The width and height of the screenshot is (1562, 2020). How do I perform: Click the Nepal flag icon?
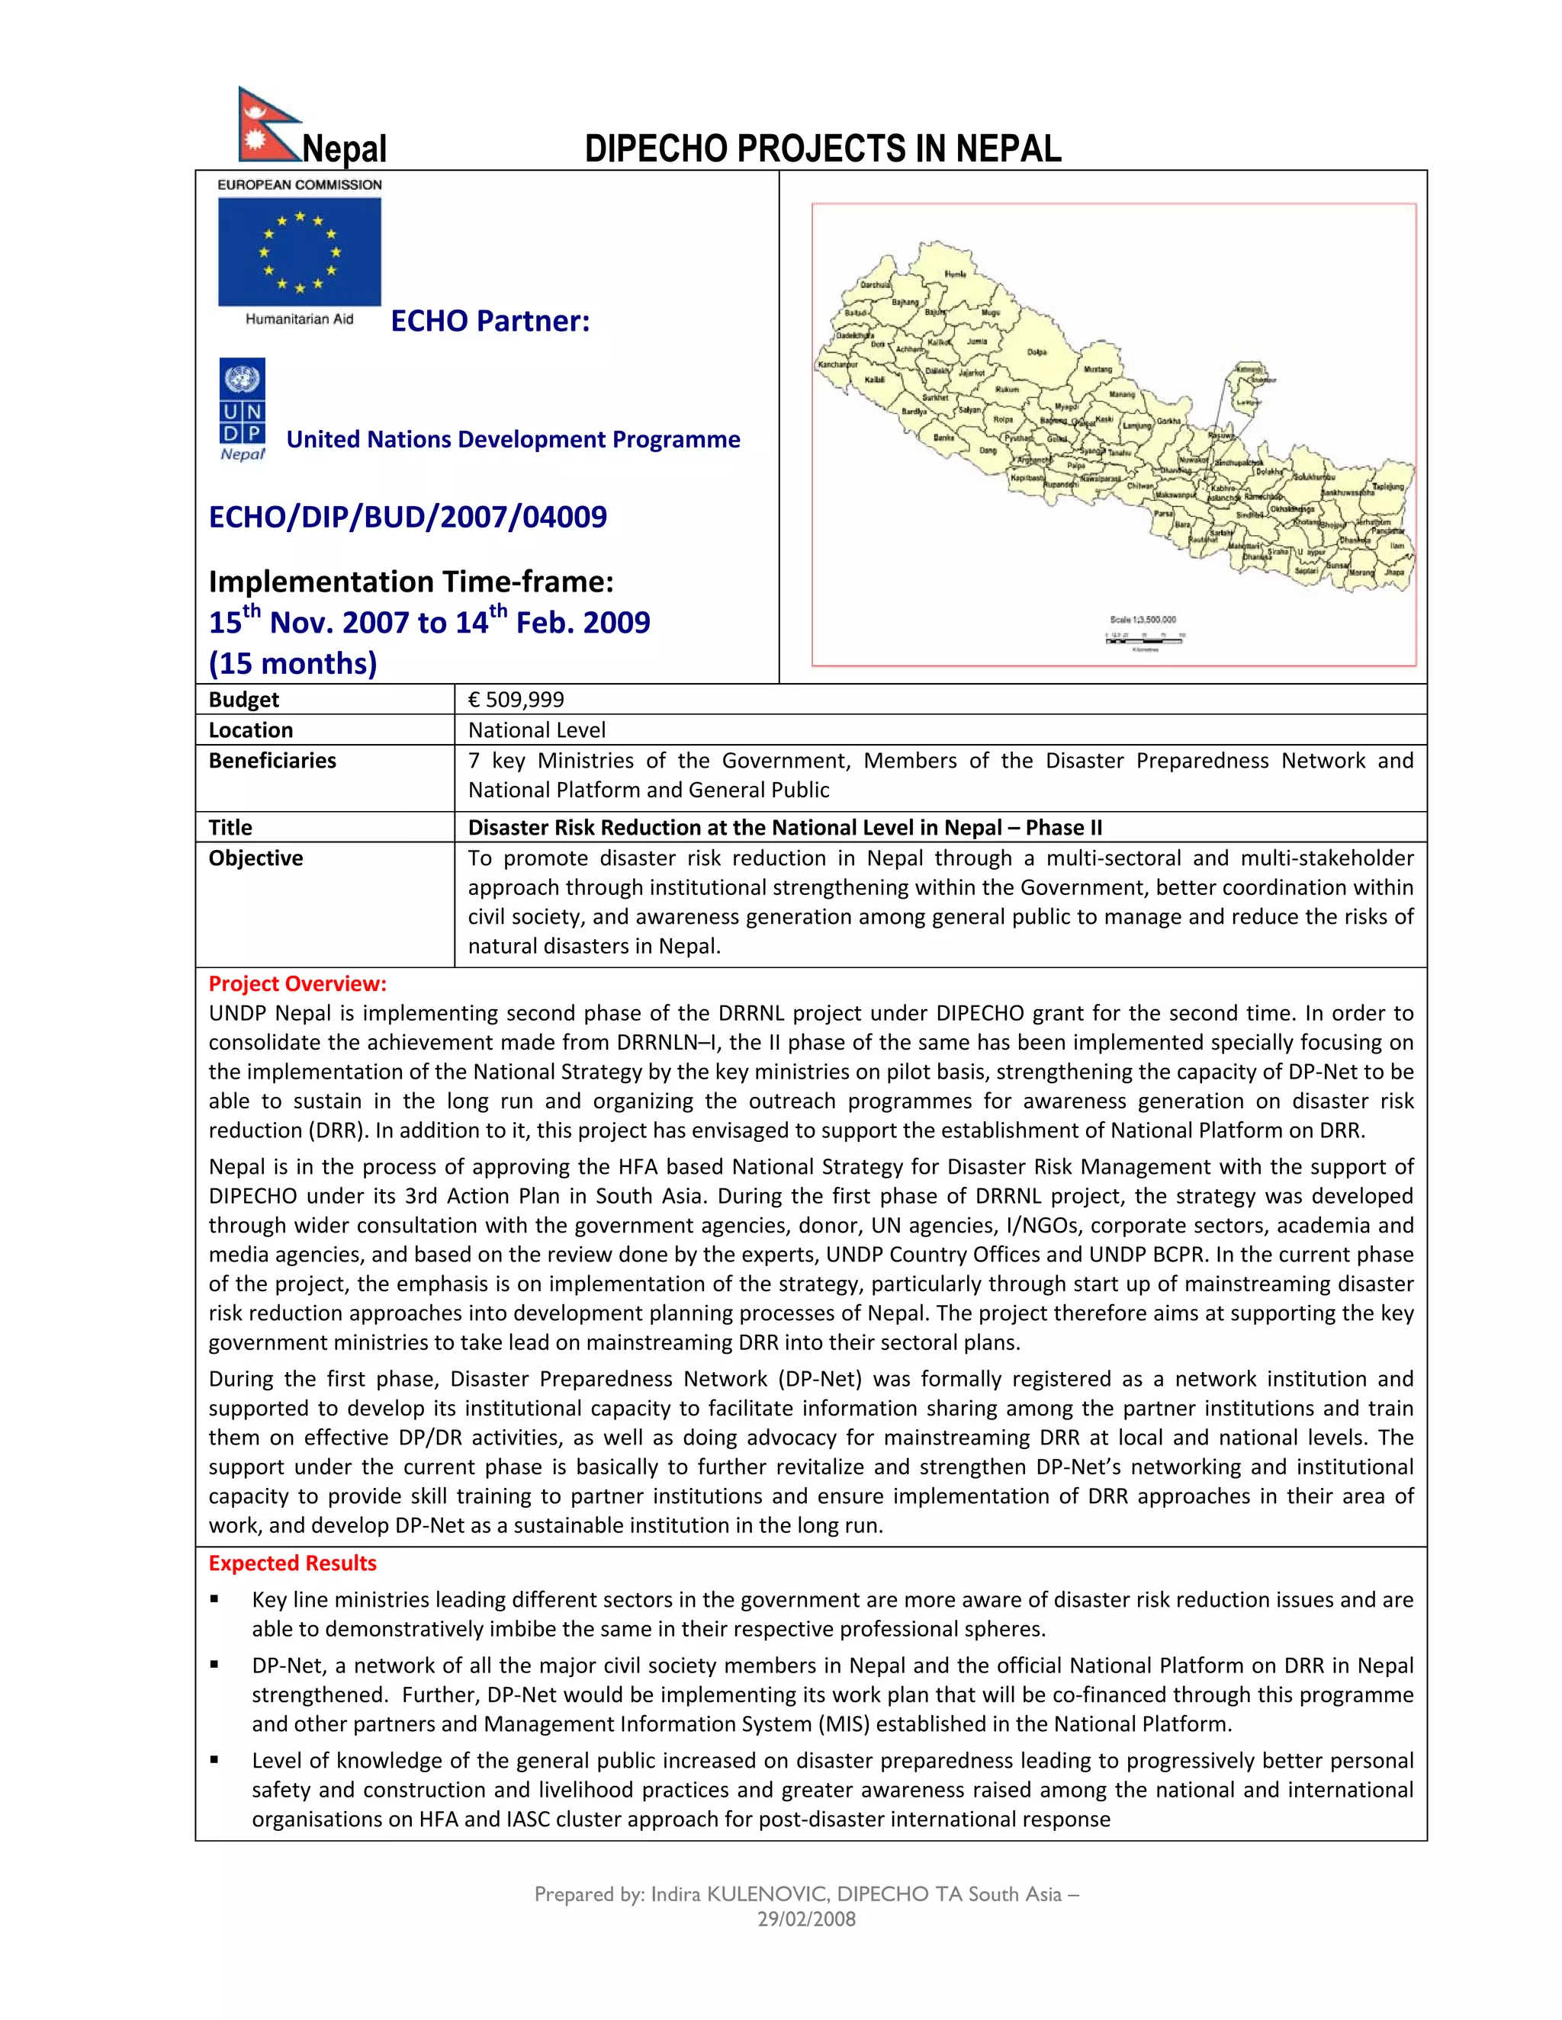coord(265,125)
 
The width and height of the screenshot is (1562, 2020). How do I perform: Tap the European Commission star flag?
coord(299,252)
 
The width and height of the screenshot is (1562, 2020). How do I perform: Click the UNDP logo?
coord(243,409)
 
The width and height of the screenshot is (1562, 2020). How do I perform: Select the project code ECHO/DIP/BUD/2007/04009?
coord(408,516)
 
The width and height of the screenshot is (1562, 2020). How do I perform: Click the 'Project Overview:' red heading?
coord(297,983)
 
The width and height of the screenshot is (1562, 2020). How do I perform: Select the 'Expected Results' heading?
coord(292,1563)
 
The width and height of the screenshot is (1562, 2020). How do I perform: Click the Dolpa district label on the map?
coord(1037,352)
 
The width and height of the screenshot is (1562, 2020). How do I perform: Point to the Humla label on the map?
coord(955,274)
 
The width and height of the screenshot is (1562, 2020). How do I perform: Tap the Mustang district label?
coord(1098,369)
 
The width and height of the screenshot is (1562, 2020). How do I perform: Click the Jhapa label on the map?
coord(1394,572)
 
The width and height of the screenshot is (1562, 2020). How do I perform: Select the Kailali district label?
coord(875,380)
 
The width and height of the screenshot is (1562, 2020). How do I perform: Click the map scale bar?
coord(1145,637)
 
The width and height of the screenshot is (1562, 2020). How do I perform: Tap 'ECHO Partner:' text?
coord(490,321)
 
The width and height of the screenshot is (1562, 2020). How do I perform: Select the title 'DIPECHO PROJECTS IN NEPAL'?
coord(823,149)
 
